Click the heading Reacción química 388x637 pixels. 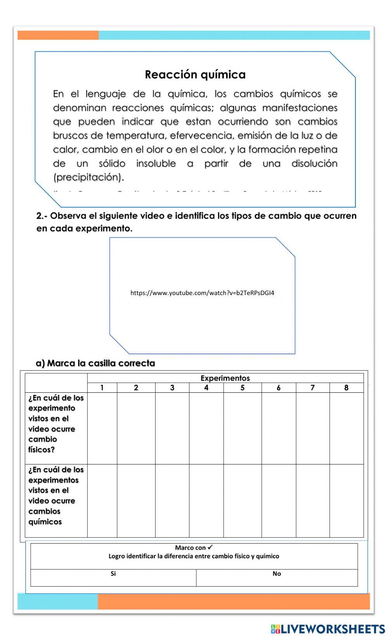(195, 74)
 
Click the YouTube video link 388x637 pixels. (202, 293)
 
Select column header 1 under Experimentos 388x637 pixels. (102, 388)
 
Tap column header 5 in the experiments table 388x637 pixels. (242, 388)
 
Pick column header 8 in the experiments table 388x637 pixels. (346, 388)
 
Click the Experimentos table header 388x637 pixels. (225, 378)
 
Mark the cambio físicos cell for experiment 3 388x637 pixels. (172, 428)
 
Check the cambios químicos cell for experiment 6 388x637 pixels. (279, 500)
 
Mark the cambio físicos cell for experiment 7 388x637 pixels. (313, 428)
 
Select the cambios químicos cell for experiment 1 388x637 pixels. (102, 500)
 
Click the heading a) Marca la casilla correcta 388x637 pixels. (95, 363)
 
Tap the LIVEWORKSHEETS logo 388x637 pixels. (328, 628)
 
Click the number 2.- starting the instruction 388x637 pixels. (42, 216)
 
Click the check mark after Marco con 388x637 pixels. (210, 547)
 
